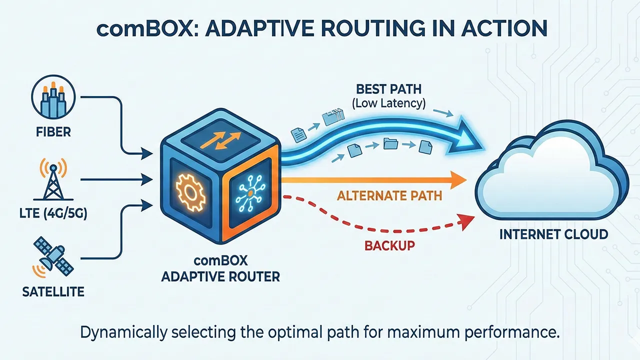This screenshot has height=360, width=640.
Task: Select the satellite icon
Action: [51, 256]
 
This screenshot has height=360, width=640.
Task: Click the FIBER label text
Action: [53, 132]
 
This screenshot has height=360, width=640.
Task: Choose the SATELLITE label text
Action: [53, 291]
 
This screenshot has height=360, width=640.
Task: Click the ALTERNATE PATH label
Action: [389, 195]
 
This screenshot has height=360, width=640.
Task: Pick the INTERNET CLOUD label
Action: [554, 233]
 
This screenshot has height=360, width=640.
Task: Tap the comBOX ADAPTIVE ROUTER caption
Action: [220, 269]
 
